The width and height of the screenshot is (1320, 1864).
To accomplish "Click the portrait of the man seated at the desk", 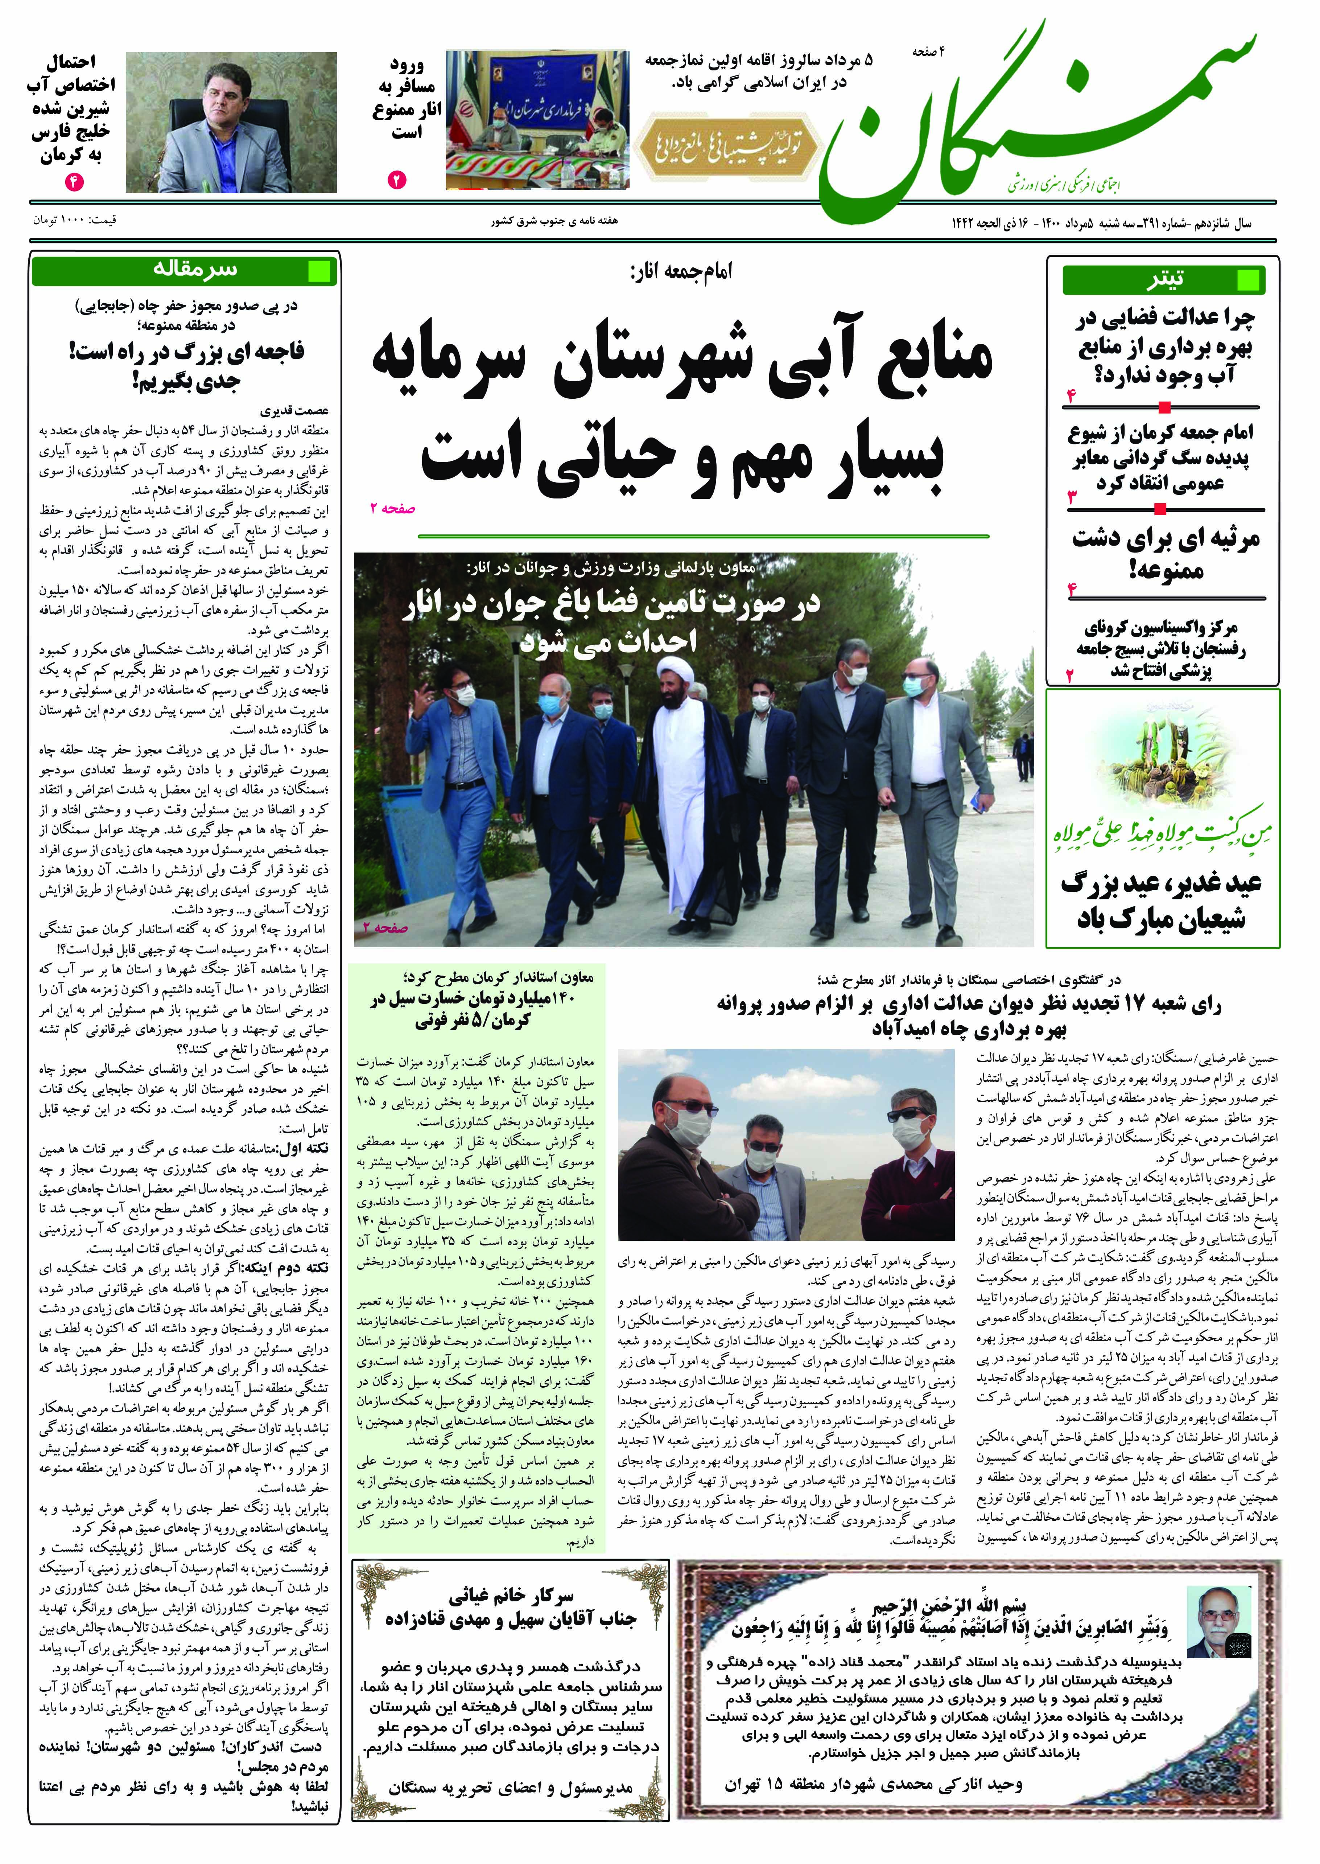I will click(231, 122).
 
